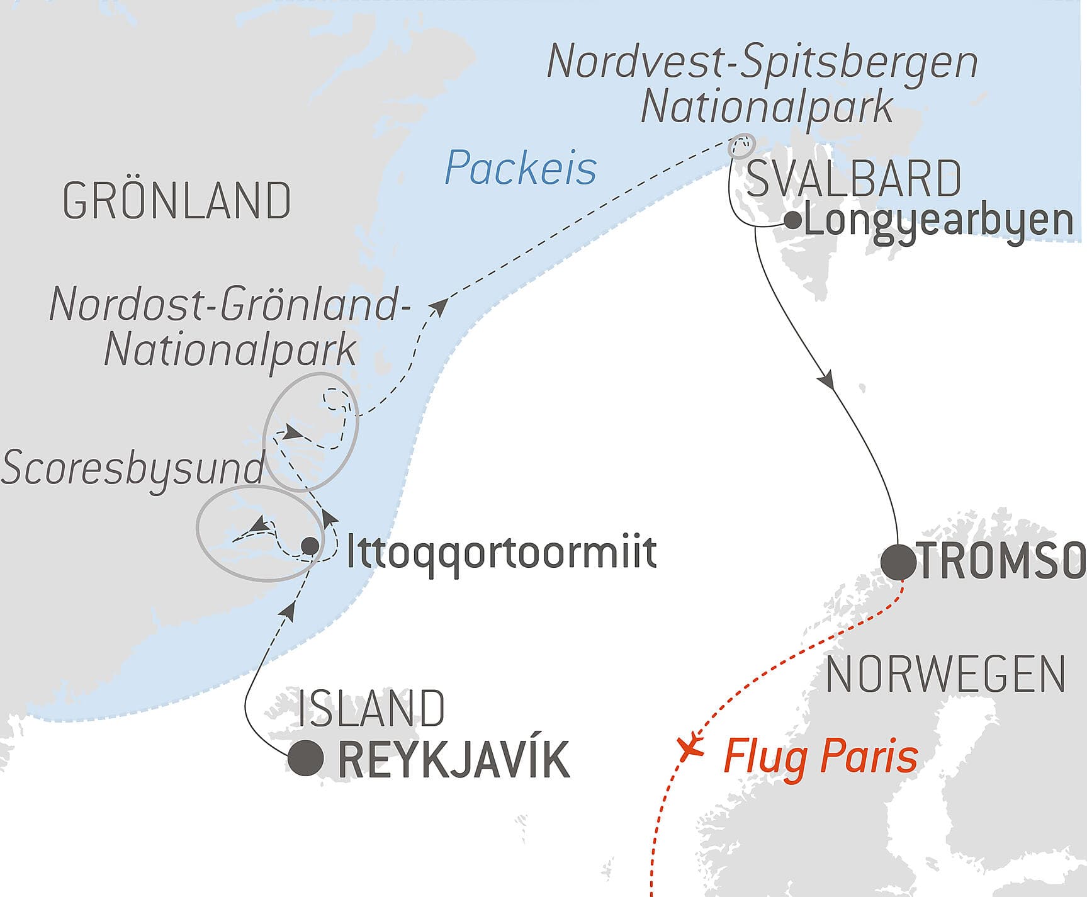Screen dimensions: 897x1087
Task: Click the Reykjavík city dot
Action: (x=306, y=758)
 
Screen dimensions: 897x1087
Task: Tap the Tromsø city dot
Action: (x=898, y=561)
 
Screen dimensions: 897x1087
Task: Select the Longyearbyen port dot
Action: (x=792, y=220)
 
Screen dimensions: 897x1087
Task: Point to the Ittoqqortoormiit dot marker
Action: (x=310, y=546)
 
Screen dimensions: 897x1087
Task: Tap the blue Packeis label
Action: (x=521, y=168)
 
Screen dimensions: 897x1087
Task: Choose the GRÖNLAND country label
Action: (x=177, y=201)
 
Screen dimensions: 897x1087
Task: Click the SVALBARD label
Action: (x=853, y=179)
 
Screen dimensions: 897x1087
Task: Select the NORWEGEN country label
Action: (x=945, y=674)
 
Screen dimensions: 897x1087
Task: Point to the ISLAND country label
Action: (x=371, y=708)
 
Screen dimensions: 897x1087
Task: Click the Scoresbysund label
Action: (x=133, y=470)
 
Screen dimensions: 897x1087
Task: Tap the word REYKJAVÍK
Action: (x=454, y=760)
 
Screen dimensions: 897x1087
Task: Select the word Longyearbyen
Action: (x=938, y=221)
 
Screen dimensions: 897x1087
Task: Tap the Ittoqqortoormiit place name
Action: (x=502, y=552)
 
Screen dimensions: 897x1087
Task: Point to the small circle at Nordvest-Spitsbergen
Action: (x=741, y=146)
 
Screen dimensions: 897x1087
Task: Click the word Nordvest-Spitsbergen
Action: (x=762, y=62)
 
